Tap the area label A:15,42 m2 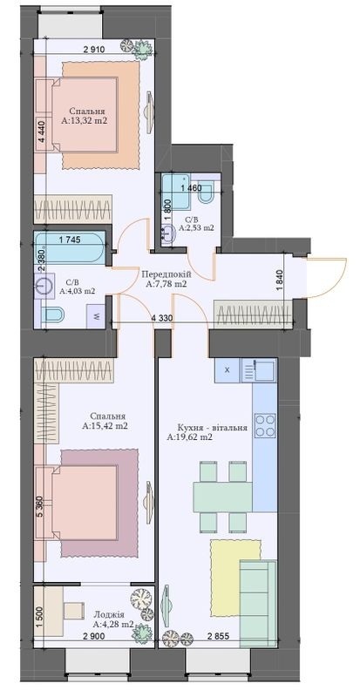(x=105, y=428)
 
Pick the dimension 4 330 (x=163, y=319)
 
